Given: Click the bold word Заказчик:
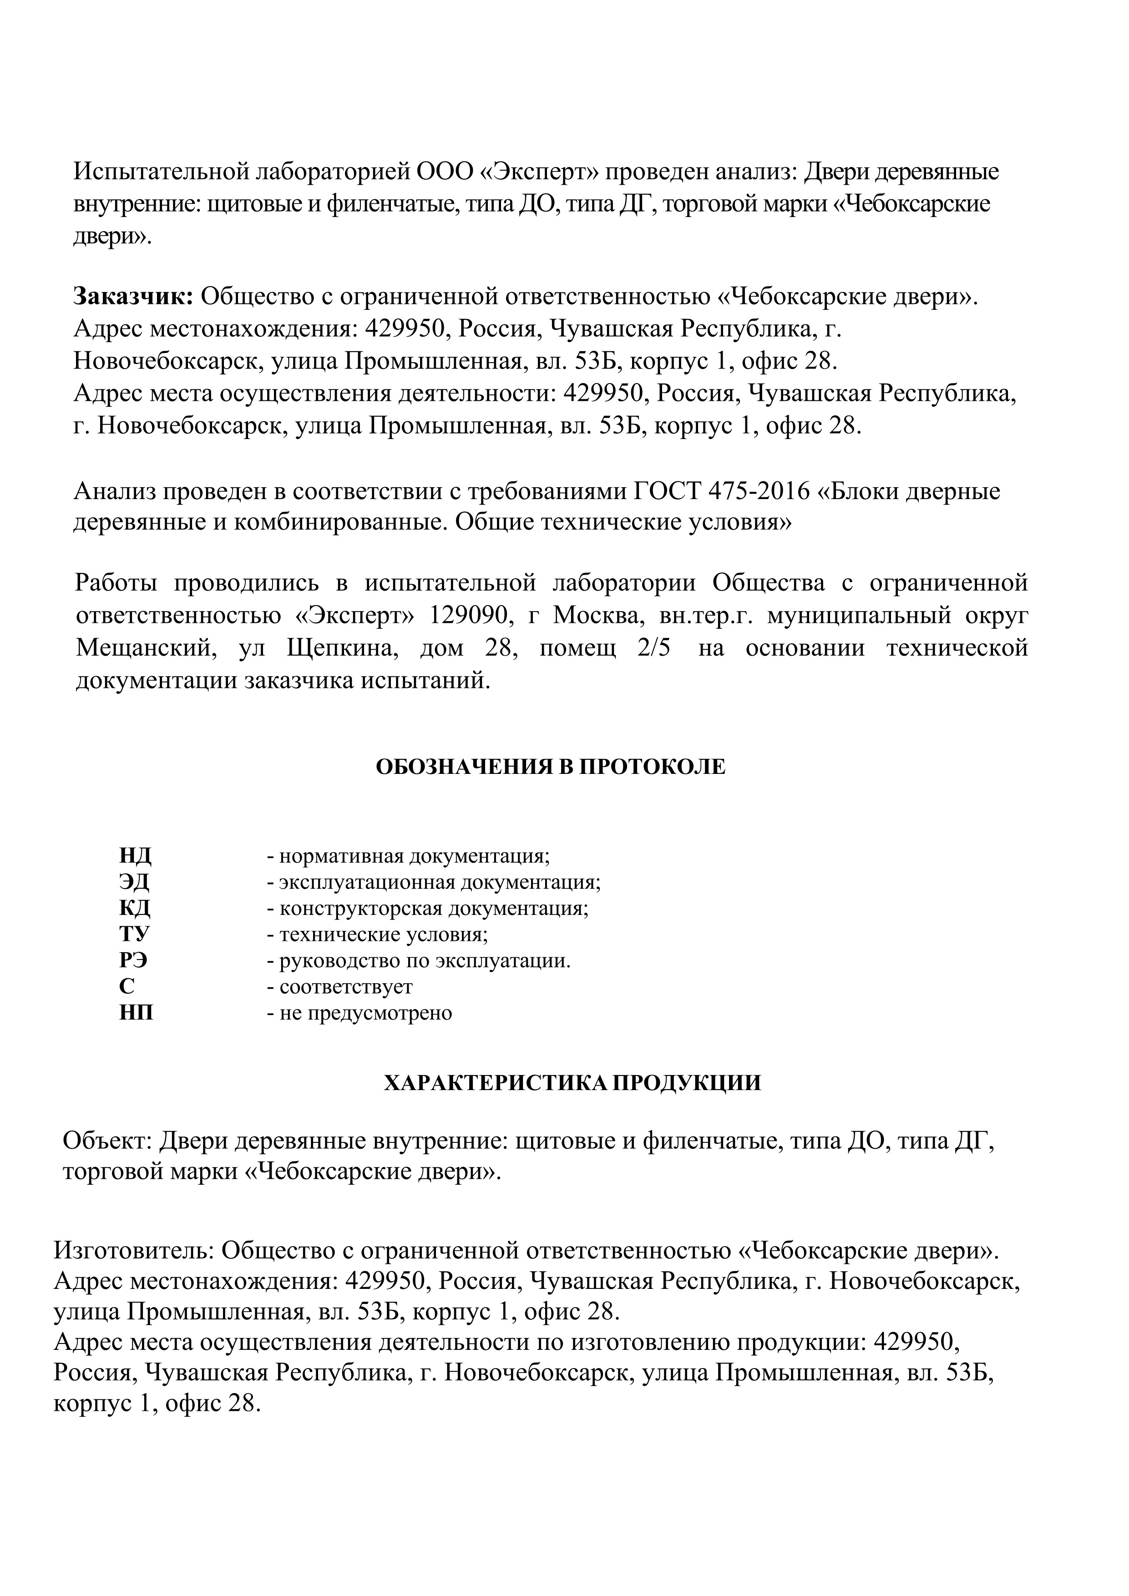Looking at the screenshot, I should point(133,297).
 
